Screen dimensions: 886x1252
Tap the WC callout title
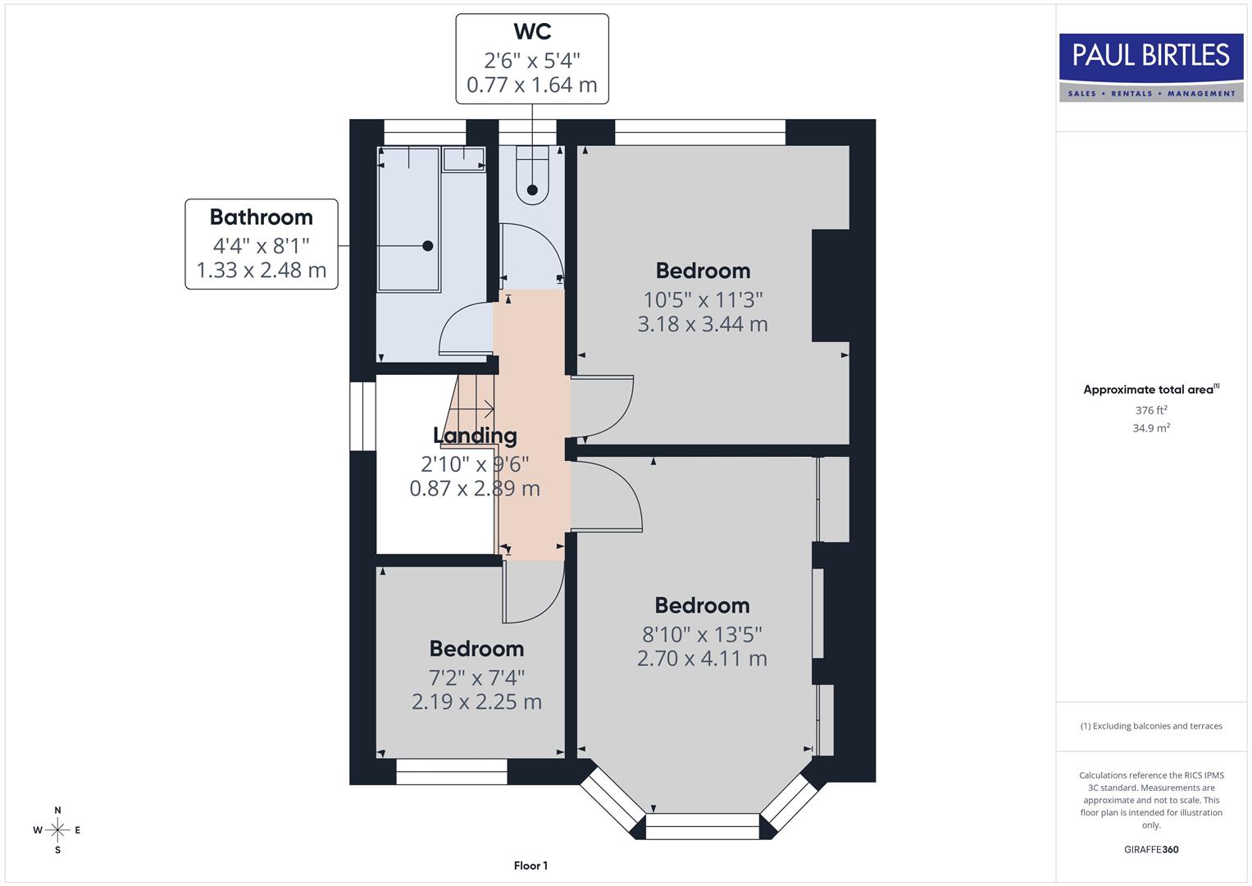(532, 32)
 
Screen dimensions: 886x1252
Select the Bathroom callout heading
(261, 217)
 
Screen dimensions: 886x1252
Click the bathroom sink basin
(464, 159)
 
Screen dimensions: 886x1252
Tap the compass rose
(57, 830)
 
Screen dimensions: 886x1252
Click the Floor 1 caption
(530, 865)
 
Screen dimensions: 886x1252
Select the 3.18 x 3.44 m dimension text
(703, 324)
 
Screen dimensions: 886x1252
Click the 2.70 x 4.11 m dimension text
(702, 659)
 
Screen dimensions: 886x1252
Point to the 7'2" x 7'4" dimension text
(476, 678)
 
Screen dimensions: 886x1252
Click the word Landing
(475, 436)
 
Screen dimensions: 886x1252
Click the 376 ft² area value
(1151, 410)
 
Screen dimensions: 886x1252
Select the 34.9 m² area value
(1151, 428)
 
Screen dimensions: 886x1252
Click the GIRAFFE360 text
(1151, 849)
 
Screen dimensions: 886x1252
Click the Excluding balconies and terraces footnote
(1151, 726)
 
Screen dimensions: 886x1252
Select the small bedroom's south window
(452, 771)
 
